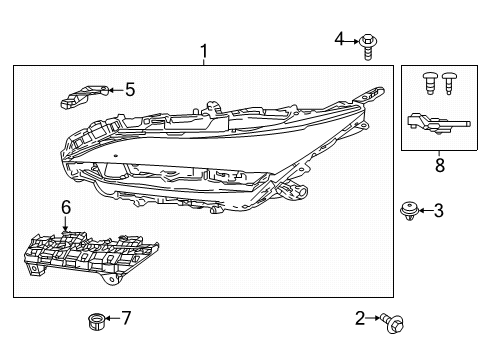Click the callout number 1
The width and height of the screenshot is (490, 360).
[204, 50]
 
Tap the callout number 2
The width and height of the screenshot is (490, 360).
[360, 319]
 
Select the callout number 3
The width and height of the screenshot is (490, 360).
[438, 210]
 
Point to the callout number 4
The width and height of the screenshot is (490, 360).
[339, 39]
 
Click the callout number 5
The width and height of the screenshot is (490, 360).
[129, 90]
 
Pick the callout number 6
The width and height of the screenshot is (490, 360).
[66, 207]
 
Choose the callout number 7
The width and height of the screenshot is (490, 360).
[125, 319]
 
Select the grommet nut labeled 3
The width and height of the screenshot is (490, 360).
[408, 210]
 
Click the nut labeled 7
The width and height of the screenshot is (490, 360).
[93, 321]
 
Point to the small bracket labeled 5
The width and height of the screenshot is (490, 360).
[85, 95]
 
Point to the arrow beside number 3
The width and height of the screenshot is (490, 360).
[425, 210]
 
